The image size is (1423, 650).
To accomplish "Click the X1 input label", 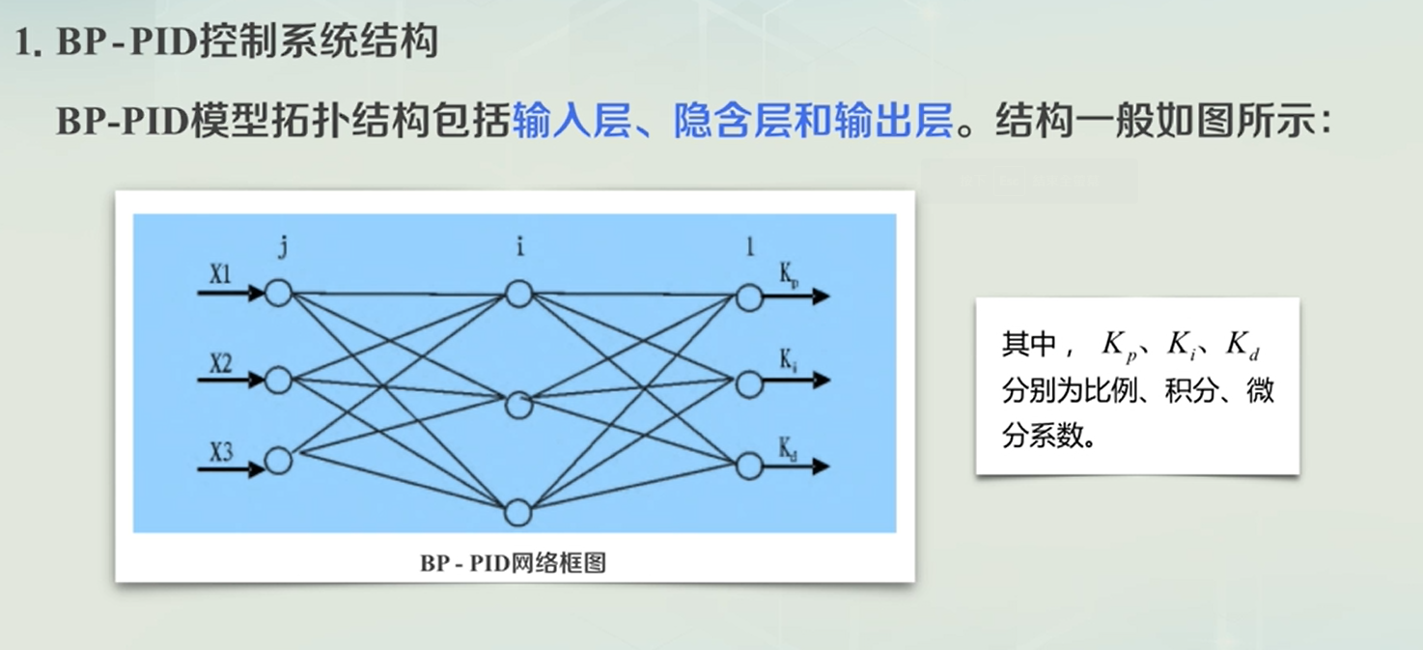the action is click(220, 275).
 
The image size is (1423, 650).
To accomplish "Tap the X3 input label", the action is click(220, 451).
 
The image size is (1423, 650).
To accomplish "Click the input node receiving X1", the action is click(278, 293).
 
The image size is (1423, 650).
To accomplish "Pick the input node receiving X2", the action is click(278, 380).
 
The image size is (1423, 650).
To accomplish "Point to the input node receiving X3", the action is click(278, 461).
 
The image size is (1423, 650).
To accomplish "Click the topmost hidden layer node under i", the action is click(518, 293).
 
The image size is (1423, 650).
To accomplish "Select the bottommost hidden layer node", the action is click(518, 512).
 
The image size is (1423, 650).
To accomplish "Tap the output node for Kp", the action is click(749, 297).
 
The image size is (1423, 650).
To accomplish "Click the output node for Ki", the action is click(749, 383).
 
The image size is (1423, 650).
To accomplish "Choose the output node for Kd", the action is click(749, 466).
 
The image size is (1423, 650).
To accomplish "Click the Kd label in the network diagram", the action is click(789, 447).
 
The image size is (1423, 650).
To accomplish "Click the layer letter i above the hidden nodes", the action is click(519, 247).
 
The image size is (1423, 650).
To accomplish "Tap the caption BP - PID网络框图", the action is click(513, 563).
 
